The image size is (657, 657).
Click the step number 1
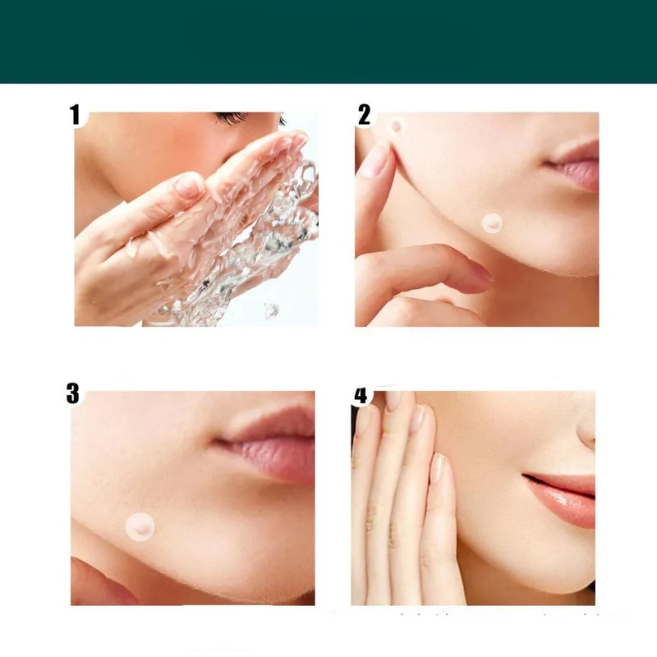(75, 114)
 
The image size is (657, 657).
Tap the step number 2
(364, 114)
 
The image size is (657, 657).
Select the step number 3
(73, 393)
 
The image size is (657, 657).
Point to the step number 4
(361, 396)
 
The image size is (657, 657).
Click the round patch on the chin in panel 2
(492, 223)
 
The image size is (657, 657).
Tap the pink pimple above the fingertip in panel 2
(397, 126)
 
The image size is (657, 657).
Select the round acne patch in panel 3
(140, 526)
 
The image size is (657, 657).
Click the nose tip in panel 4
(586, 432)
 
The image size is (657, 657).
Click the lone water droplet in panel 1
(271, 310)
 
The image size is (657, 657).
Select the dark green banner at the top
(328, 42)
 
